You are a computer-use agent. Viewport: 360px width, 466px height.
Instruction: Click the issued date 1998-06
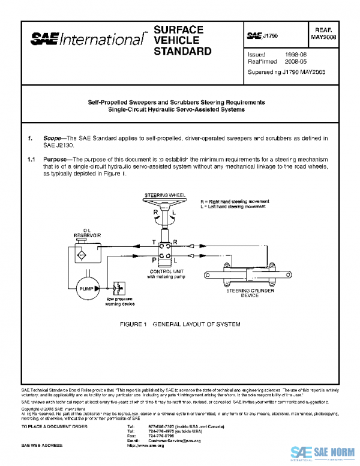tap(296, 54)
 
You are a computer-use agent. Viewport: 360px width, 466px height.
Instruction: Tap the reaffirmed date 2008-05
tap(296, 61)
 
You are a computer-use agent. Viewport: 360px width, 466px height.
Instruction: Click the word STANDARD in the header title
tap(182, 51)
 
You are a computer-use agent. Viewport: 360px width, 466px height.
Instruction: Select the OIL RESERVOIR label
tap(87, 232)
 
